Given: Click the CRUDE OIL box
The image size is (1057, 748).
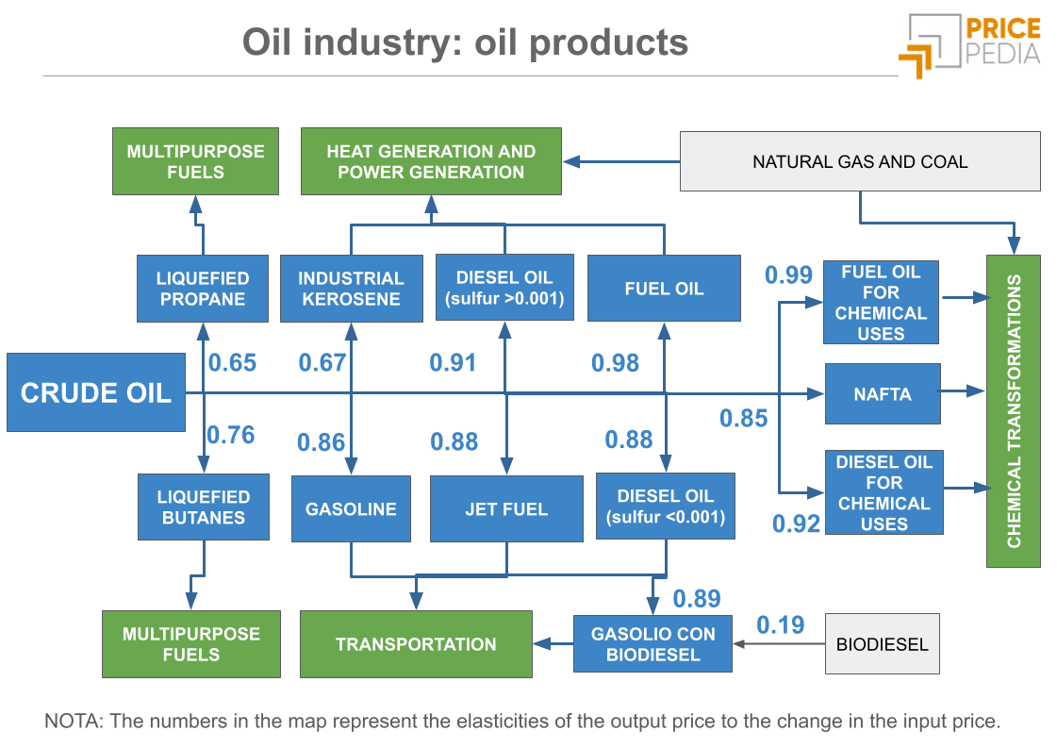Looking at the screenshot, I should [95, 392].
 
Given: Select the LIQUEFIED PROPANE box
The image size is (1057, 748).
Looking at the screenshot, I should [202, 289].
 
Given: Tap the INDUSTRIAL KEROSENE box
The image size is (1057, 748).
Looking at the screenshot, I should [351, 289].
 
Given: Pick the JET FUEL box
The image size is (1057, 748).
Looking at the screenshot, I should [506, 508].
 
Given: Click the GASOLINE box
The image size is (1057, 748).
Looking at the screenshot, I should [351, 508].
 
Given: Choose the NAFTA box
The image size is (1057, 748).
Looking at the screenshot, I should [883, 393].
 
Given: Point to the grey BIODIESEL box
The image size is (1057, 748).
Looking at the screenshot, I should [882, 644].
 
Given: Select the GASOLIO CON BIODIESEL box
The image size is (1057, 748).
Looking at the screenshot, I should [652, 644].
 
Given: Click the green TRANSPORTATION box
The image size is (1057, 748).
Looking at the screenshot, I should [416, 644].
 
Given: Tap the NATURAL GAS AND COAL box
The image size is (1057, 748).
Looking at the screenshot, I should [860, 161].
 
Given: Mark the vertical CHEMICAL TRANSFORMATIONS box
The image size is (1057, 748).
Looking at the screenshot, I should [1014, 410].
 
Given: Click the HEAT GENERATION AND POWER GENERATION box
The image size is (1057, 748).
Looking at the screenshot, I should [431, 161].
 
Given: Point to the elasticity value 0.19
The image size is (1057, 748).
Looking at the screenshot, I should [781, 624].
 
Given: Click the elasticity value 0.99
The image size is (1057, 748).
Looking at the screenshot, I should [788, 274].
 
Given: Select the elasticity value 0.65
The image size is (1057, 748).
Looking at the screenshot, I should [232, 362].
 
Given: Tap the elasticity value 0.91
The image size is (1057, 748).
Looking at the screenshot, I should [454, 362].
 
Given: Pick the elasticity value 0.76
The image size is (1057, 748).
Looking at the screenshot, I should [231, 434].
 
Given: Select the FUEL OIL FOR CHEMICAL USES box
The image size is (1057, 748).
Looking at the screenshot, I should [882, 302].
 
